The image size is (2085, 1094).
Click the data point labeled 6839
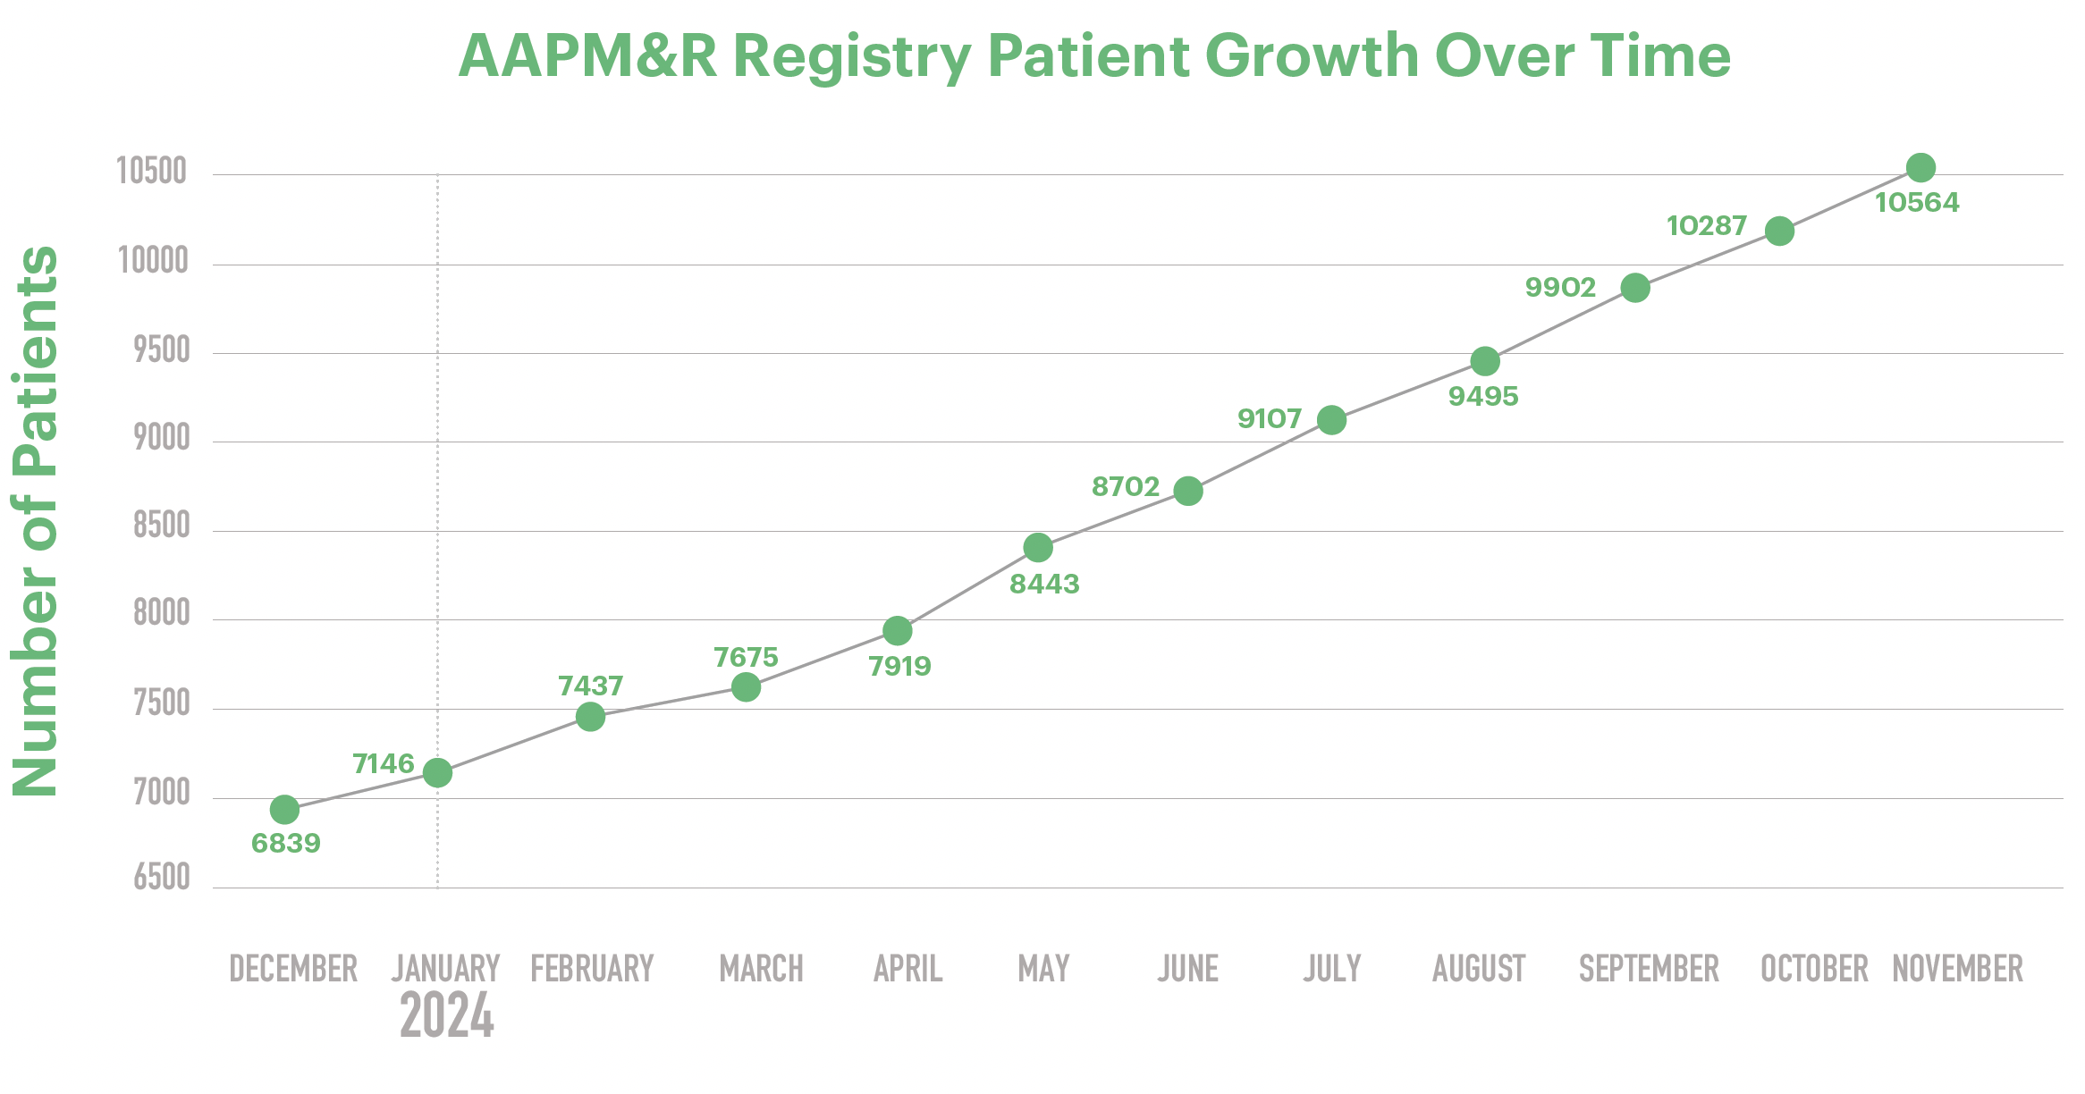click(x=284, y=810)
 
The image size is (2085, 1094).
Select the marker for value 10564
click(x=1920, y=167)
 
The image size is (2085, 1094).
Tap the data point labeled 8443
click(x=1037, y=547)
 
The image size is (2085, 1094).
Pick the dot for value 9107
click(x=1331, y=420)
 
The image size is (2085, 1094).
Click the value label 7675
click(x=746, y=657)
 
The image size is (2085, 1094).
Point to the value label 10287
click(x=1706, y=226)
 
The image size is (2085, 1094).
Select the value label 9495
click(x=1483, y=396)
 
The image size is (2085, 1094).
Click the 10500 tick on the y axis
click(x=152, y=171)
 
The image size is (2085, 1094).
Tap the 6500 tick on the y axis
click(x=162, y=878)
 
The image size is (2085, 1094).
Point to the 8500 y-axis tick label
click(x=162, y=526)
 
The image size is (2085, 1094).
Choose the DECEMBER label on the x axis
click(x=293, y=969)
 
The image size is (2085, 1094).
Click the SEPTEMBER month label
click(x=1649, y=969)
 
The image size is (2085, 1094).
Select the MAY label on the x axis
click(x=1043, y=969)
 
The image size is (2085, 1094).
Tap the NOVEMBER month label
click(x=1957, y=969)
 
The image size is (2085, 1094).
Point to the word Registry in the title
click(x=851, y=56)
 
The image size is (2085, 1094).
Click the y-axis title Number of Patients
click(x=36, y=520)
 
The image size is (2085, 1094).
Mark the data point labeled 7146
click(x=437, y=772)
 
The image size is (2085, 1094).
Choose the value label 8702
click(x=1125, y=487)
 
